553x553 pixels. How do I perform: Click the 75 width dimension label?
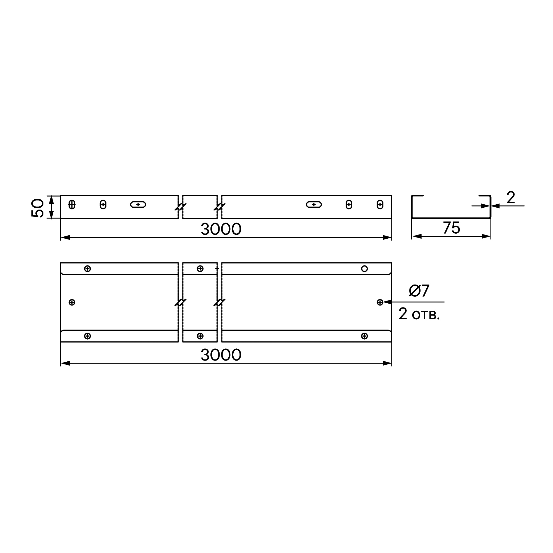click(x=452, y=228)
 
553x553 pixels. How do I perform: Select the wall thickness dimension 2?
click(x=511, y=197)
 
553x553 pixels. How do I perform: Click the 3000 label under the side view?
click(x=221, y=229)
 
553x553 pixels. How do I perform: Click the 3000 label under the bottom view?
click(x=221, y=355)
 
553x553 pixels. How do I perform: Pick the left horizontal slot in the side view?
click(x=138, y=204)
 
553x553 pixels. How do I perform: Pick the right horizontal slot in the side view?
click(x=314, y=204)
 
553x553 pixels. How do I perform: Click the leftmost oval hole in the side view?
click(x=72, y=204)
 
